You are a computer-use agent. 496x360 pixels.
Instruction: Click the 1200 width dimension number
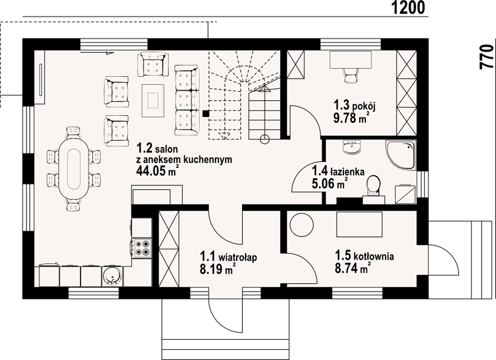point(408,8)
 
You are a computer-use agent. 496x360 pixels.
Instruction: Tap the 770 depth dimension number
point(487,57)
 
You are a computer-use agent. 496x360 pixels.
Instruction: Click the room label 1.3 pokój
point(354,105)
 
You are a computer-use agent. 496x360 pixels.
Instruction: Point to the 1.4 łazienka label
point(338,172)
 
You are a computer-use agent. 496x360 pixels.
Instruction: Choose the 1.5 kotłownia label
point(364,256)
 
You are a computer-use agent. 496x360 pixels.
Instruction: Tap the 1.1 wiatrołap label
point(228,257)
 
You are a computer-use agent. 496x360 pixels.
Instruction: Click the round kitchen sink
point(111,276)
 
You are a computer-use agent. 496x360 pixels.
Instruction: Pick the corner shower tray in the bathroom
point(400,155)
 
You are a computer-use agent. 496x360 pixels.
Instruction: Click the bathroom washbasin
point(351,147)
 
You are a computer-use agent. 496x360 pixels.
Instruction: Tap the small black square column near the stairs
point(205,113)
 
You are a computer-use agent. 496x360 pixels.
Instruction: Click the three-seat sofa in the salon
point(187,100)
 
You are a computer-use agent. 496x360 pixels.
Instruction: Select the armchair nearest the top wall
point(153,64)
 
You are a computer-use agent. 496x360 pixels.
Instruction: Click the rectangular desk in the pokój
point(351,60)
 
